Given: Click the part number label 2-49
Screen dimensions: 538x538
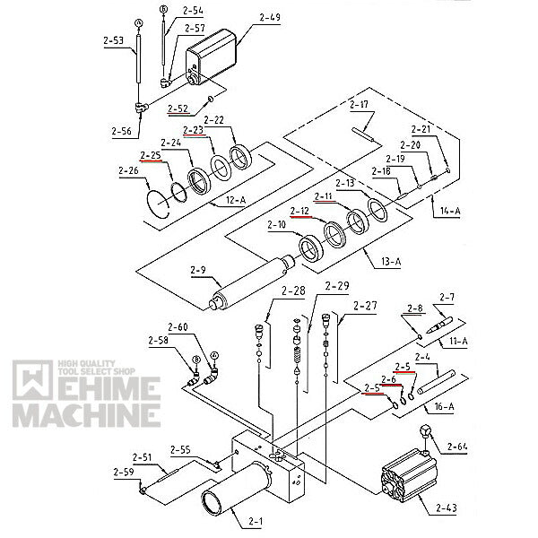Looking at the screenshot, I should point(269,17).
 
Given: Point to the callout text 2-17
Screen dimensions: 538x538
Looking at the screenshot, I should point(359,105).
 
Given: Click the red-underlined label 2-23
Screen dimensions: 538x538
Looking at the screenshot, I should point(193,131).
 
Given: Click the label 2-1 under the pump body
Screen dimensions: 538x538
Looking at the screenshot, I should point(256,521).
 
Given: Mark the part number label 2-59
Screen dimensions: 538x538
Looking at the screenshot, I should point(124,472).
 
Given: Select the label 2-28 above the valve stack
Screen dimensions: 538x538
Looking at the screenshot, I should point(293,291).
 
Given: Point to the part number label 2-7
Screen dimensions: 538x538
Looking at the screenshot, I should point(447,298).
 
